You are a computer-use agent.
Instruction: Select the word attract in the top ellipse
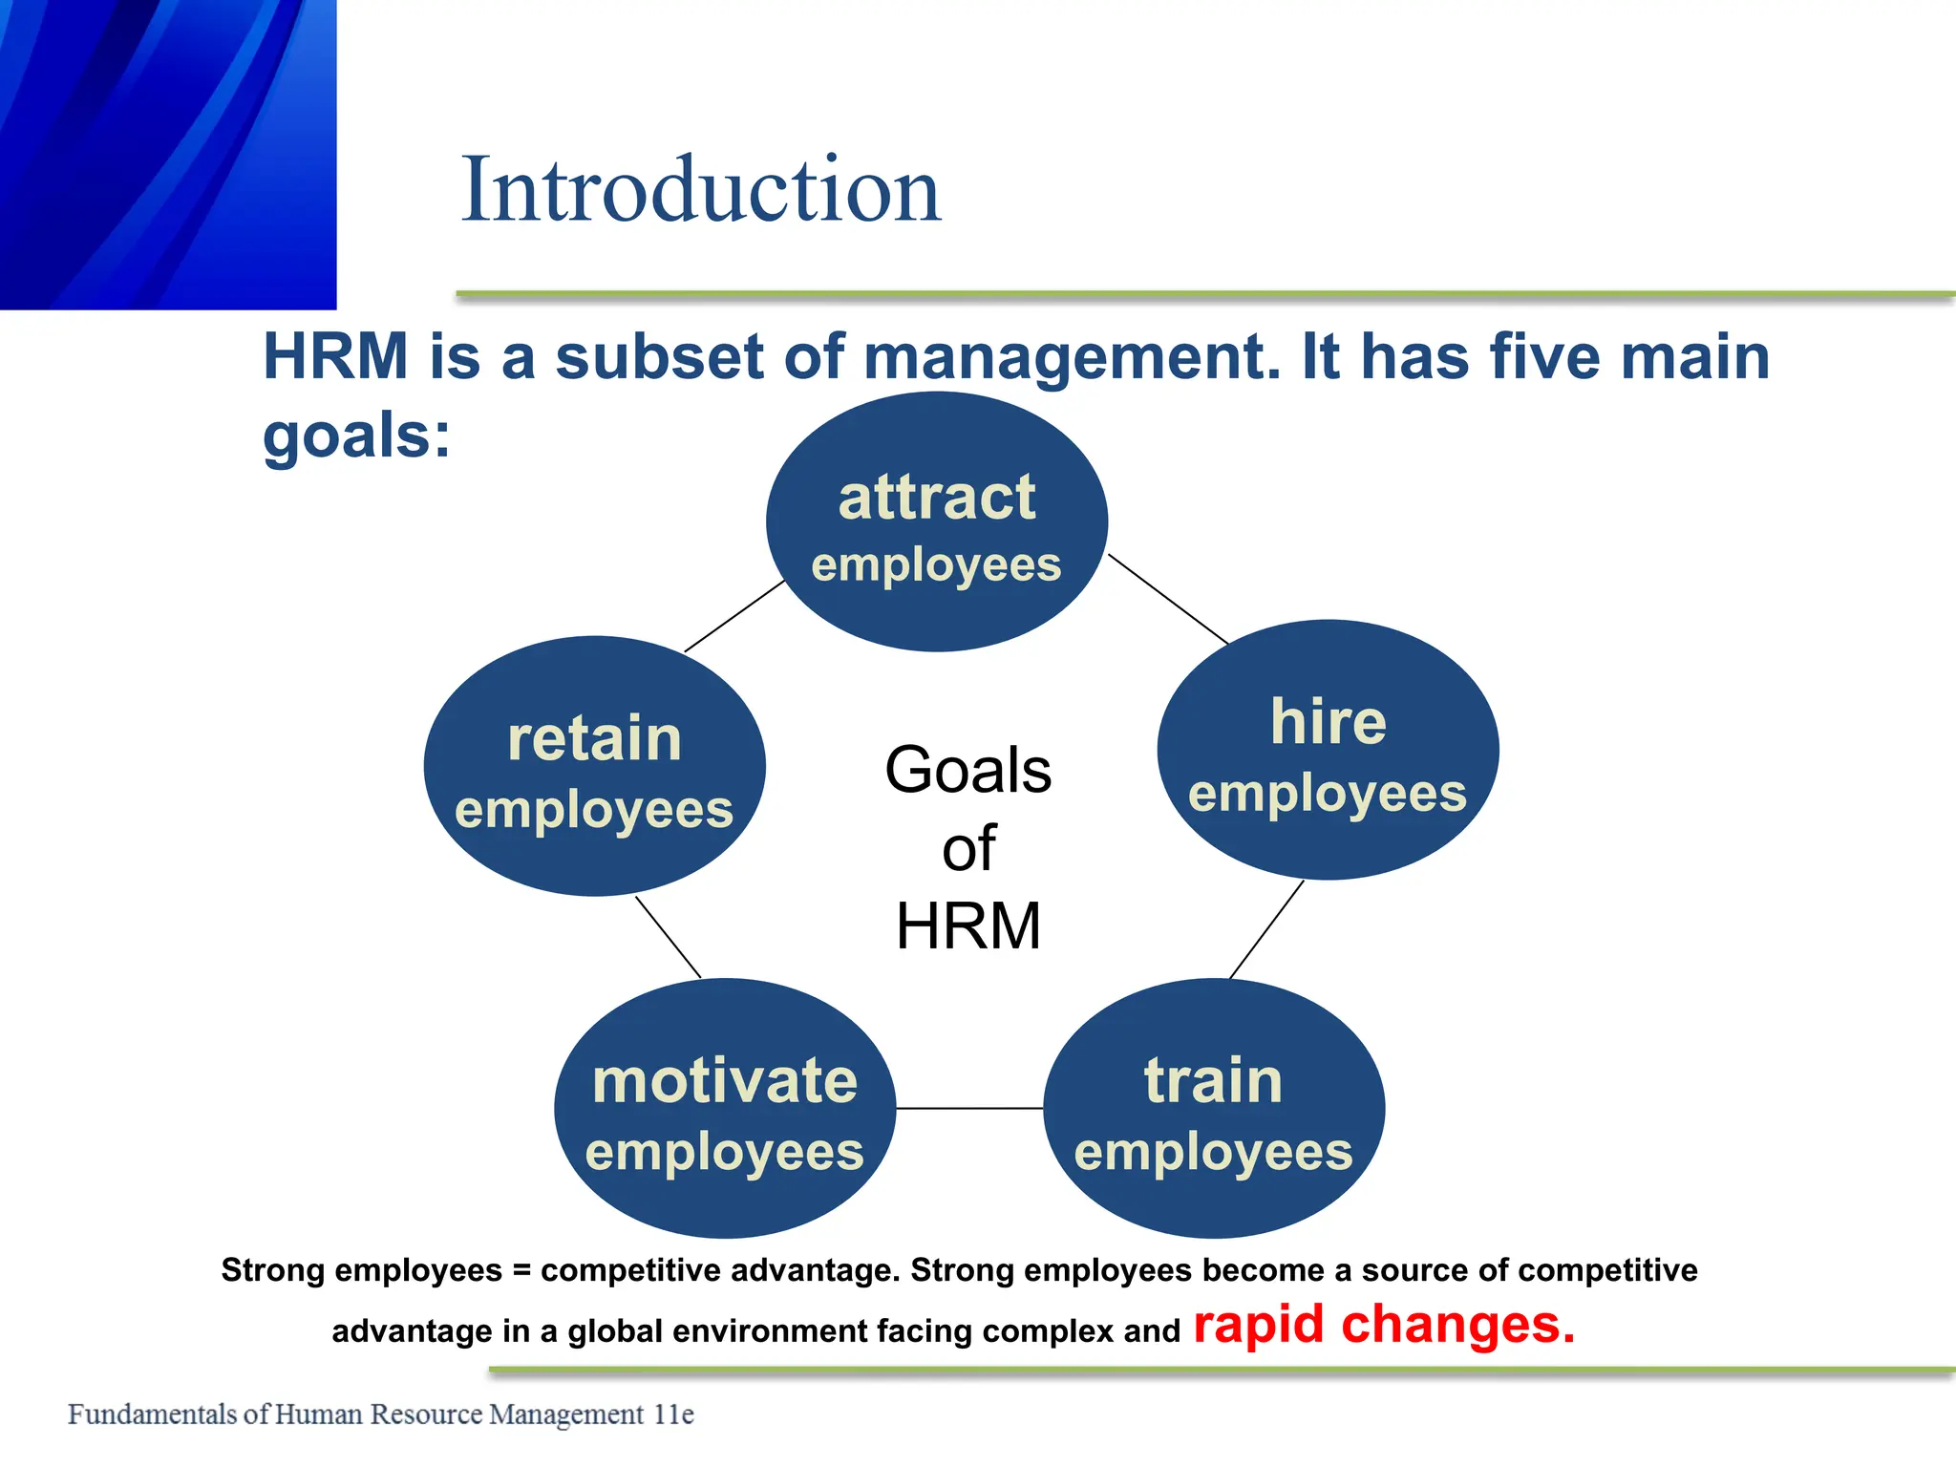[x=937, y=498]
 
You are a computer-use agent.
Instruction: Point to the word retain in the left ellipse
[x=594, y=738]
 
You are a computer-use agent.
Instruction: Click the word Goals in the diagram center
[x=967, y=770]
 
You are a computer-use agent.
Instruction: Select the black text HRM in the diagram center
[x=967, y=925]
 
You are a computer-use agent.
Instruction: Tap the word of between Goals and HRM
[x=967, y=848]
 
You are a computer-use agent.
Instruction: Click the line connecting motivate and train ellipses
[x=969, y=1109]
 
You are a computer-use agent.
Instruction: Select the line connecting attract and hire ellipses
[x=1168, y=600]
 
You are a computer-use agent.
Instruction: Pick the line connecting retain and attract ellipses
[x=735, y=616]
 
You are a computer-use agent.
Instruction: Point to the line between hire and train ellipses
[x=1266, y=929]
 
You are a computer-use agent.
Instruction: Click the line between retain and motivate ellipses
[x=668, y=936]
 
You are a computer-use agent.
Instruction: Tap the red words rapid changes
[x=1384, y=1325]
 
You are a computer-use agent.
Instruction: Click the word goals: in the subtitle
[x=356, y=436]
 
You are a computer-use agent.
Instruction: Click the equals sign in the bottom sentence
[x=521, y=1271]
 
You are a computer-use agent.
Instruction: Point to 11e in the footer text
[x=673, y=1414]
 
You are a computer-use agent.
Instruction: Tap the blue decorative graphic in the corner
[x=167, y=153]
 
